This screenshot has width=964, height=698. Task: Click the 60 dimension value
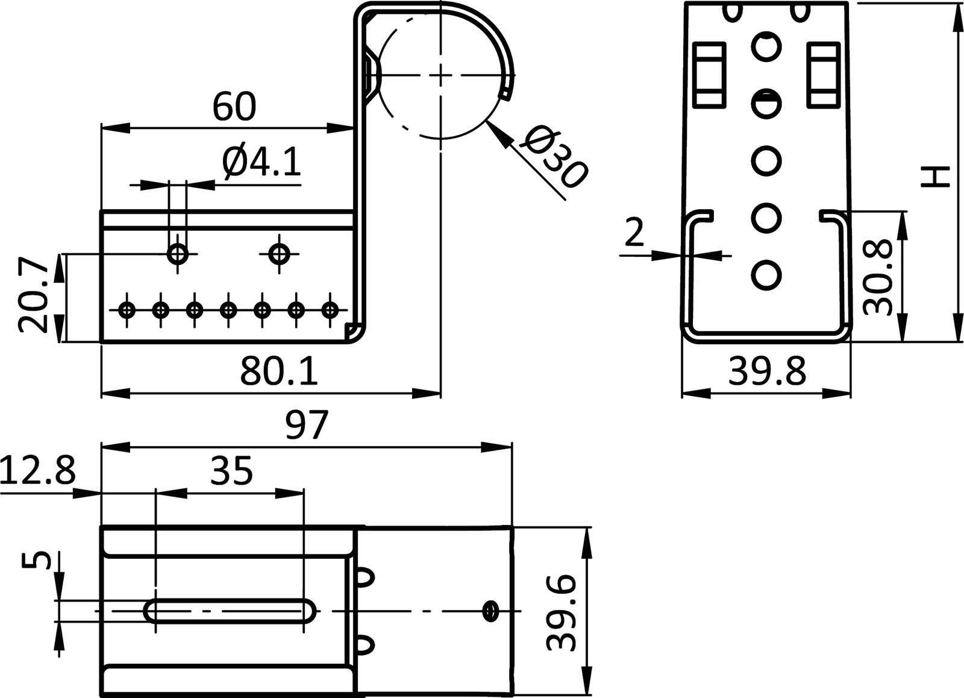pyautogui.click(x=234, y=107)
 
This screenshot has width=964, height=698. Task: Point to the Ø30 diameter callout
pyautogui.click(x=553, y=158)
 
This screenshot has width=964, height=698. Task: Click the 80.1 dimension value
pyautogui.click(x=279, y=372)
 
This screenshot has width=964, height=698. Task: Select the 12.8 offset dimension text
pyautogui.click(x=37, y=471)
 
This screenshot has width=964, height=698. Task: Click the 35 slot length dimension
pyautogui.click(x=231, y=471)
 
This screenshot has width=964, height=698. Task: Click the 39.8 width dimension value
pyautogui.click(x=766, y=372)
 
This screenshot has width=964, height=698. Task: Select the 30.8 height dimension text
pyautogui.click(x=877, y=277)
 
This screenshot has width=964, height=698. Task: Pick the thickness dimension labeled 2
pyautogui.click(x=634, y=233)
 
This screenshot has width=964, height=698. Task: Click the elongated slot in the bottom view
pyautogui.click(x=231, y=611)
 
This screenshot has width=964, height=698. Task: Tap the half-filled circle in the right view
pyautogui.click(x=766, y=103)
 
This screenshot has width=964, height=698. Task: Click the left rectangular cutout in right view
pyautogui.click(x=710, y=74)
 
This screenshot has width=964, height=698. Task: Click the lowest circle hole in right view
pyautogui.click(x=766, y=274)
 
